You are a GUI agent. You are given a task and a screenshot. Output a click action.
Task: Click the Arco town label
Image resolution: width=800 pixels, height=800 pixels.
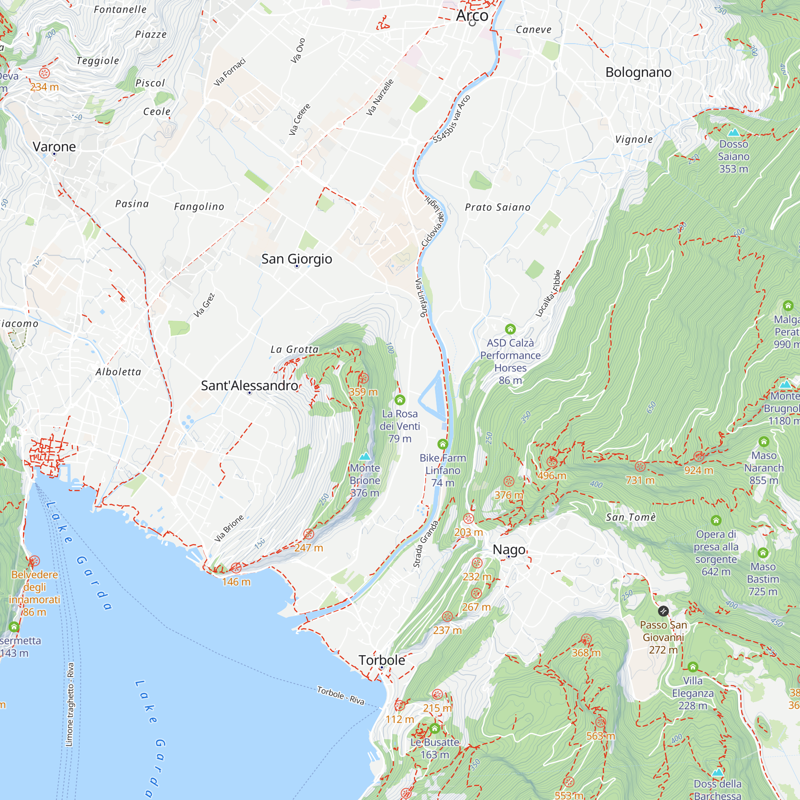click(472, 16)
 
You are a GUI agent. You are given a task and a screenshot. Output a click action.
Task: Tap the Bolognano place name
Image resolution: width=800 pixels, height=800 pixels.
click(638, 72)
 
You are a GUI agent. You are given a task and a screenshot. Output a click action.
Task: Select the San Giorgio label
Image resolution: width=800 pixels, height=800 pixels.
click(296, 259)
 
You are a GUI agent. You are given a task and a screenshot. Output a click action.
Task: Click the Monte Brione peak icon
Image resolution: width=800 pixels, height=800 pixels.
click(364, 456)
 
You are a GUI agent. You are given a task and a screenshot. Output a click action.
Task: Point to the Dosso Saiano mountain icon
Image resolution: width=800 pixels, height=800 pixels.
click(733, 132)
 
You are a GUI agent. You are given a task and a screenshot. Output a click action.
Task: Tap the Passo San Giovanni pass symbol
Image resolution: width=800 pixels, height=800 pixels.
click(663, 611)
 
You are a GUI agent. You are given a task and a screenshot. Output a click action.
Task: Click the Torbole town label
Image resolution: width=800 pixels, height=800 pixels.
click(381, 660)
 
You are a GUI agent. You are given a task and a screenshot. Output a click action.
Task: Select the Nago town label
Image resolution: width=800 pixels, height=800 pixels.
click(509, 550)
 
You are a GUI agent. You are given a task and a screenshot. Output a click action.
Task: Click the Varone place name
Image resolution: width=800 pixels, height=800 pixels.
click(54, 146)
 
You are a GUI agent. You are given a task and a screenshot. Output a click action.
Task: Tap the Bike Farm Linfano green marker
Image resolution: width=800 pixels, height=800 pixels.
click(443, 444)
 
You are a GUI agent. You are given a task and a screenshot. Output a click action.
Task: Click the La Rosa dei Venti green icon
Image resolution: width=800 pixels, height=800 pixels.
click(400, 400)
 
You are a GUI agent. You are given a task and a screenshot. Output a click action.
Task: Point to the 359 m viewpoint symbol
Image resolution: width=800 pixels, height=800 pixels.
click(363, 378)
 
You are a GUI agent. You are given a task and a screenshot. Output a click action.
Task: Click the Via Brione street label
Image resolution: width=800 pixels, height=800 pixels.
click(229, 529)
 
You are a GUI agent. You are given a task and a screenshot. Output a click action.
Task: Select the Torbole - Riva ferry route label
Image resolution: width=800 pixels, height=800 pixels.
click(340, 695)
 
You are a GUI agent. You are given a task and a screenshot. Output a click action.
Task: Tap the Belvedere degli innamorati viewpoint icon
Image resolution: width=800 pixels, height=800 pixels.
click(34, 561)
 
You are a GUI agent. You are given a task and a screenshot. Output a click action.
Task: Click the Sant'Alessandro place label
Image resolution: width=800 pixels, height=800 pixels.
click(249, 386)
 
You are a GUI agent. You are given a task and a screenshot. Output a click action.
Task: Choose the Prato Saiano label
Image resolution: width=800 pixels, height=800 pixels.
click(497, 207)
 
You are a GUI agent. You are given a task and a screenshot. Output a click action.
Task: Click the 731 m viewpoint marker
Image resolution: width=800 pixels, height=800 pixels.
click(640, 467)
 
